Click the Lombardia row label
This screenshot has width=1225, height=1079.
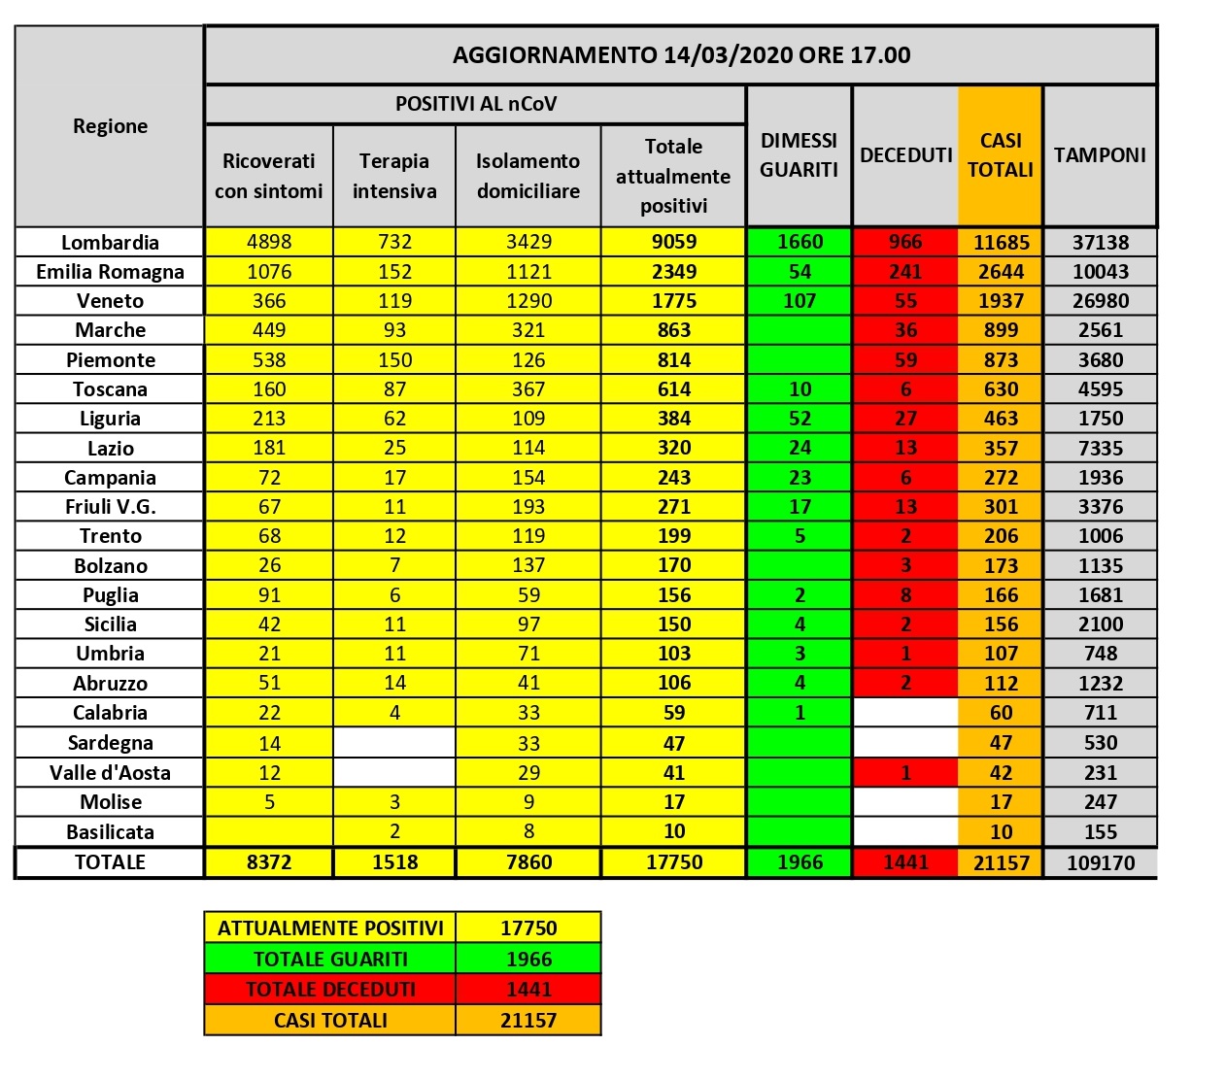110,242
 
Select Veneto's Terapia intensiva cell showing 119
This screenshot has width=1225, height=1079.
394,301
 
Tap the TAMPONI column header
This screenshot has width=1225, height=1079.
1100,155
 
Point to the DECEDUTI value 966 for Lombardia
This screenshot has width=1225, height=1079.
905,242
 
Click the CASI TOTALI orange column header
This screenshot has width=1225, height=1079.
1001,155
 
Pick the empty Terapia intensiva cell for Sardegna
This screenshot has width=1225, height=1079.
394,743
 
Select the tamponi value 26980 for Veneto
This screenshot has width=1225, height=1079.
1100,301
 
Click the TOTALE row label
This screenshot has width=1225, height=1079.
110,862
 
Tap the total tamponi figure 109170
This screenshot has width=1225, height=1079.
1100,862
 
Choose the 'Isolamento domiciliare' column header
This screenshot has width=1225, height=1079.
528,176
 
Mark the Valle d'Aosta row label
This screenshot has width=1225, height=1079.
110,773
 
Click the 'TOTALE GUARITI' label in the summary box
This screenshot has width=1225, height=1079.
330,959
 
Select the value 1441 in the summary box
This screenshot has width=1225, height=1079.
528,989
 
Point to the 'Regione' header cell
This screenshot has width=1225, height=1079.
110,126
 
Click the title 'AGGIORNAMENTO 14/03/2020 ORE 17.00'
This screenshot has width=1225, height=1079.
681,54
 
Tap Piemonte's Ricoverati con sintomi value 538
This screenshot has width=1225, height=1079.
269,360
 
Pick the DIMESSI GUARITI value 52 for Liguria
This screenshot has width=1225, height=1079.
800,419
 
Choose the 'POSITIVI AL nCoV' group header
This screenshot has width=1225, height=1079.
476,104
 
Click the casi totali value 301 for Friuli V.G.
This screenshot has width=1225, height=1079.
1001,507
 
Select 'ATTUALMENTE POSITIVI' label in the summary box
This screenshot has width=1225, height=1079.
330,927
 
